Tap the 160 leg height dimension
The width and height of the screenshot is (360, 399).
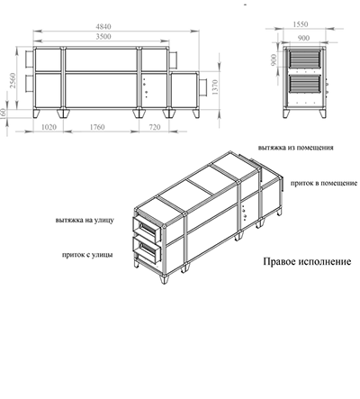[7, 116]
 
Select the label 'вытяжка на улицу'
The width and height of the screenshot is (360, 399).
[83, 218]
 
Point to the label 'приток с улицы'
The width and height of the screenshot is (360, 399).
[88, 255]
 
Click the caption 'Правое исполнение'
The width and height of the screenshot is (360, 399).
[307, 263]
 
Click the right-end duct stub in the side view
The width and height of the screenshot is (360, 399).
[213, 86]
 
